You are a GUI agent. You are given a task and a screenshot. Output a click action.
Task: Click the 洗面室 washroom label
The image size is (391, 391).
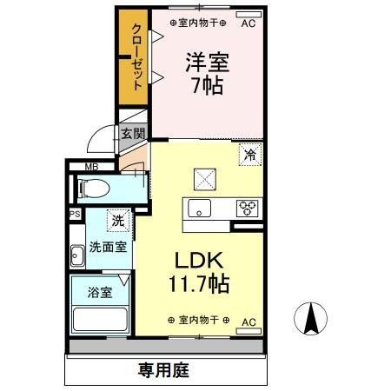(x=107, y=247)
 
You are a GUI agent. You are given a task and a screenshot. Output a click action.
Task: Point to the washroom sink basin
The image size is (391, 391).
(x=76, y=255)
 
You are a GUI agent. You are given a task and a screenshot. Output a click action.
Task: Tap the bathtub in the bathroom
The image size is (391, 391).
(x=100, y=318)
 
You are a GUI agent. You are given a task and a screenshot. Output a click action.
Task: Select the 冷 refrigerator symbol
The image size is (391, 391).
(x=249, y=156)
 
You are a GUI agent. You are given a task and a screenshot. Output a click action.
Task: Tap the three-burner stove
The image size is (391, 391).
(x=248, y=209)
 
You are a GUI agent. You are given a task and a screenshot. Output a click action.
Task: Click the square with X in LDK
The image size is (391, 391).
(x=205, y=178)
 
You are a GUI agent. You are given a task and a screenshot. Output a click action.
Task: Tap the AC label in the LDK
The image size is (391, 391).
(x=249, y=322)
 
